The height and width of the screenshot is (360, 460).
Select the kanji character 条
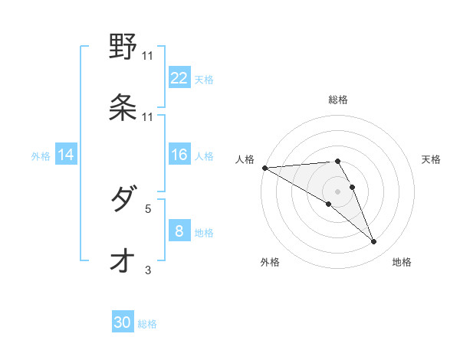[x=123, y=107]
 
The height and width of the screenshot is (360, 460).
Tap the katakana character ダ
[x=123, y=201]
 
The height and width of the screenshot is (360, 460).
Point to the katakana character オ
[x=123, y=261]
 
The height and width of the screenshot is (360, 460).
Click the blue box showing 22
[x=179, y=77]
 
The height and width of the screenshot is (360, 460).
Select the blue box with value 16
[x=179, y=155]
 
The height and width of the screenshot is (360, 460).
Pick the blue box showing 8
[x=179, y=231]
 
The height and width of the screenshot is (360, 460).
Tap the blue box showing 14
[x=66, y=155]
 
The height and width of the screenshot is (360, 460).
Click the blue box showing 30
[x=123, y=322]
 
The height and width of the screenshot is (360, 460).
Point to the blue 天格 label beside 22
[x=204, y=79]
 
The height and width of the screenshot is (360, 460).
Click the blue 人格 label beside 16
[x=204, y=156]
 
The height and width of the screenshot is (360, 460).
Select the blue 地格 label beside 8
[x=204, y=233]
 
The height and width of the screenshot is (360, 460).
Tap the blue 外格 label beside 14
[x=41, y=156]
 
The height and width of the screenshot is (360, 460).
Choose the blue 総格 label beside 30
[x=147, y=324]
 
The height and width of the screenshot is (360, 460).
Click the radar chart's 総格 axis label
[x=338, y=100]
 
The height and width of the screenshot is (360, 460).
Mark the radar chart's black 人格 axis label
[x=244, y=159]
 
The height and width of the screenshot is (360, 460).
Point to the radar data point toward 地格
[x=374, y=242]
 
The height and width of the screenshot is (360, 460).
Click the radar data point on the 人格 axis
[x=264, y=168]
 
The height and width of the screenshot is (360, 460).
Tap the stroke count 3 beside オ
[x=148, y=269]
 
